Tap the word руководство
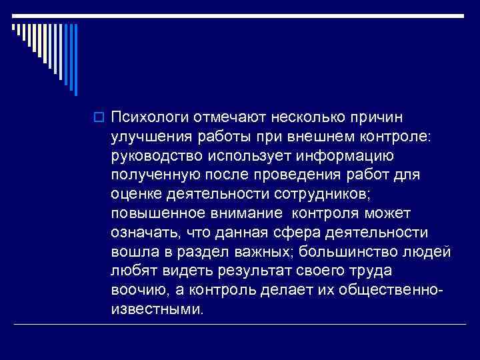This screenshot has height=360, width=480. click(x=157, y=156)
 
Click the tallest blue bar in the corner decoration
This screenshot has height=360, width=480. click(x=75, y=60)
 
